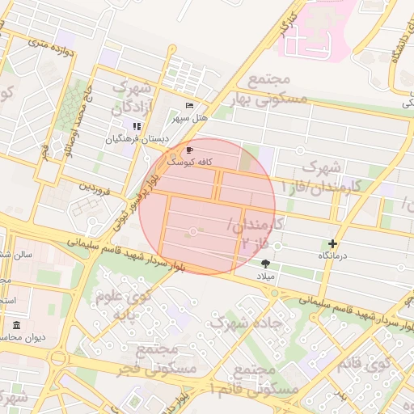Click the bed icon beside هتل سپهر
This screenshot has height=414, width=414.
click(x=189, y=105)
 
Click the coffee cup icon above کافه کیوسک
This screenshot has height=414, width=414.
click(x=189, y=150)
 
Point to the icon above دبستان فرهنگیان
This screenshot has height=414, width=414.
click(x=137, y=126)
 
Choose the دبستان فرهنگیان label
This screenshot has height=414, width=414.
click(x=137, y=139)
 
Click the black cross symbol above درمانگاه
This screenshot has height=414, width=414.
click(x=333, y=243)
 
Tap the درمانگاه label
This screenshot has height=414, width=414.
click(x=333, y=256)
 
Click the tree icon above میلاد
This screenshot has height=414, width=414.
click(x=265, y=264)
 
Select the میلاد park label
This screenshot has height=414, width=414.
click(x=265, y=276)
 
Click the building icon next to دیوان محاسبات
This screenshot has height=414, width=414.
click(x=16, y=325)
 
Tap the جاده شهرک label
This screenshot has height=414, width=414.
click(x=246, y=322)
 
